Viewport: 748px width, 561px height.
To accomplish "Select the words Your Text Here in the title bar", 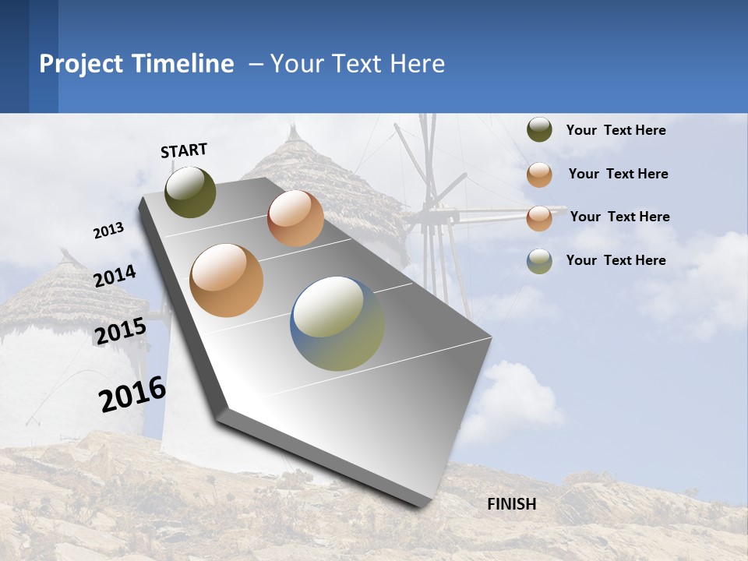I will click(x=357, y=64).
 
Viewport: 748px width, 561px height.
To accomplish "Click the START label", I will click(x=184, y=150).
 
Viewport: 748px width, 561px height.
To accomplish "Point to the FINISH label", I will click(x=512, y=504).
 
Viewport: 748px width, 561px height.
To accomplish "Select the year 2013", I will click(x=108, y=231).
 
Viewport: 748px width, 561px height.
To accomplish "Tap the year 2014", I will click(x=115, y=277).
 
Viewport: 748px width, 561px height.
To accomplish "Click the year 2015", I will click(x=121, y=331).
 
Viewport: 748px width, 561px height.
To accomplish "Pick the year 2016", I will click(x=132, y=395).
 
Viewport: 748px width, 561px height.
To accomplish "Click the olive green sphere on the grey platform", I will click(x=190, y=192).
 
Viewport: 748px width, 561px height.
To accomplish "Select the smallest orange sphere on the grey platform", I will click(x=295, y=218).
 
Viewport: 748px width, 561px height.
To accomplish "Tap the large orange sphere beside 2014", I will click(x=227, y=280).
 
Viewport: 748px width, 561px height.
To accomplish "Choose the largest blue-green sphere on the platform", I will click(x=337, y=323).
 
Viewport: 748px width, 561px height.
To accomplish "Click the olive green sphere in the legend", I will click(x=539, y=130).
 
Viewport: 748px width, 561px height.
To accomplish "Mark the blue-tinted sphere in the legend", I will click(x=539, y=261).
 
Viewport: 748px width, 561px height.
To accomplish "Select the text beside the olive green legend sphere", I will click(x=616, y=130).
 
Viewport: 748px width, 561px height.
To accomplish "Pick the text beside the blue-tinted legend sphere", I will click(x=616, y=260).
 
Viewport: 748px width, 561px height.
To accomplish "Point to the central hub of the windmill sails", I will click(x=427, y=210).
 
